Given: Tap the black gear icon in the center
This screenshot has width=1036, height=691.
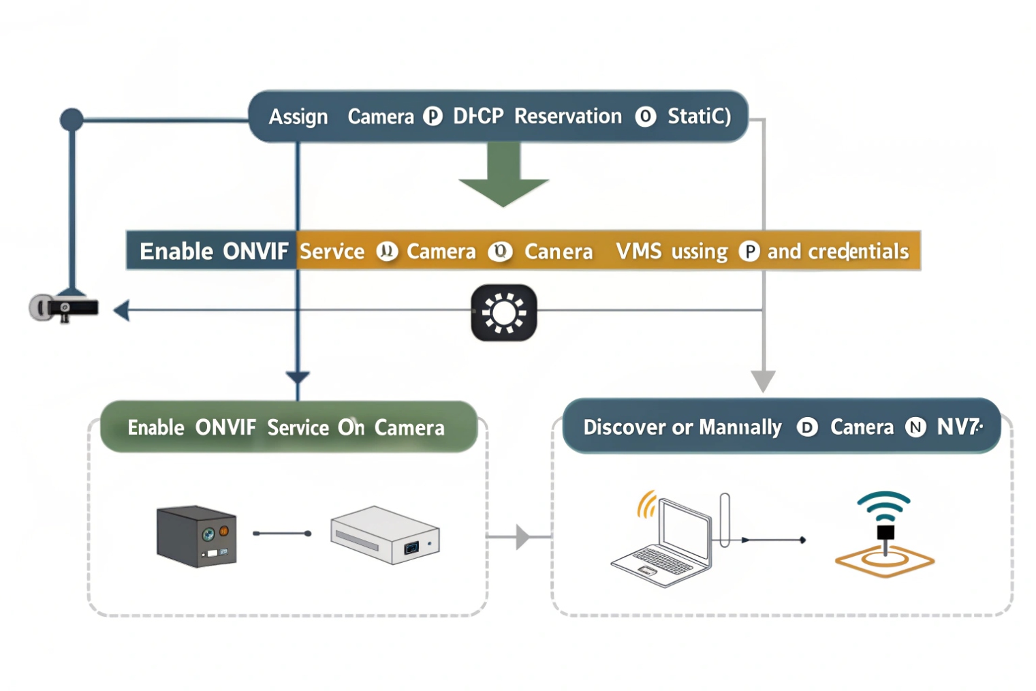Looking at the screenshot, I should coord(504,313).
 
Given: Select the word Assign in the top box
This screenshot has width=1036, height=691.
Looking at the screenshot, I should coord(298,117).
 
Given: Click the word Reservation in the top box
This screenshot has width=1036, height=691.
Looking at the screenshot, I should coord(567,117).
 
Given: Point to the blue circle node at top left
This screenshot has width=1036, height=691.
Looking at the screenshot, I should coord(72,120).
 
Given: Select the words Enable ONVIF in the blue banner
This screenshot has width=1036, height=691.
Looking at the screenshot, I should coord(213,251).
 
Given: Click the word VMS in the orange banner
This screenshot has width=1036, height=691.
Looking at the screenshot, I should coord(638,251).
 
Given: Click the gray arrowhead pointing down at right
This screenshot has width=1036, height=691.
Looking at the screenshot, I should coord(763,380).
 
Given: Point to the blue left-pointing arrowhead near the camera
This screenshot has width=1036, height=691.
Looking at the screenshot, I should coord(121,311).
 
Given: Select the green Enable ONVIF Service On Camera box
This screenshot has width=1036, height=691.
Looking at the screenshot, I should coord(288,427).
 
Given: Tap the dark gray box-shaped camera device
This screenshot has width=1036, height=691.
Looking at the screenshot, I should coord(196,536).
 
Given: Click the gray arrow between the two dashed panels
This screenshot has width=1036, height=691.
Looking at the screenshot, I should coord(522,537).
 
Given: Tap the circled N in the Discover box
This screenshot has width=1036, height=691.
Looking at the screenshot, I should coord(915,427).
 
